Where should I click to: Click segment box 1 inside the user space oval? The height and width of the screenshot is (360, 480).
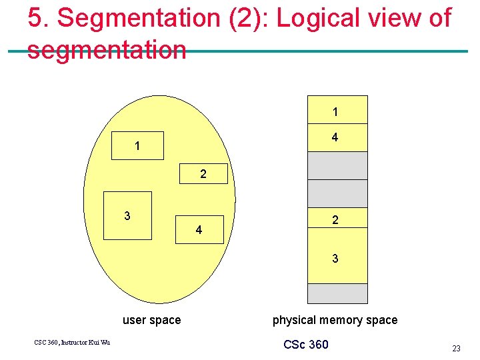click(x=137, y=145)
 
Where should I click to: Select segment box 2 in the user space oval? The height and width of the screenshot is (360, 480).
click(x=203, y=175)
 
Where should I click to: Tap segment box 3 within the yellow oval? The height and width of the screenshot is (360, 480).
click(x=127, y=215)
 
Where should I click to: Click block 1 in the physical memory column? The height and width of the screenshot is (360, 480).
click(x=337, y=110)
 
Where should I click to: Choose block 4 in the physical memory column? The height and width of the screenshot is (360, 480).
click(x=337, y=137)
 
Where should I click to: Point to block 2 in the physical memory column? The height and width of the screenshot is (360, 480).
click(x=337, y=218)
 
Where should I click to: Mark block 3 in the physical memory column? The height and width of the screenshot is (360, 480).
click(x=337, y=257)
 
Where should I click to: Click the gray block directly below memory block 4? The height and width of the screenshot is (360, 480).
click(x=337, y=165)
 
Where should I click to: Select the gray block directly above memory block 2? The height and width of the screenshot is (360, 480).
click(x=337, y=193)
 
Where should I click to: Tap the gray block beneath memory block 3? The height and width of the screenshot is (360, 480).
click(x=337, y=293)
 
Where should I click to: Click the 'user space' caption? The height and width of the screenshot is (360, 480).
click(x=151, y=320)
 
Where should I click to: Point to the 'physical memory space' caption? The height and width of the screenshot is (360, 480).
click(x=335, y=320)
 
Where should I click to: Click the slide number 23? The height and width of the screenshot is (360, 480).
click(x=456, y=348)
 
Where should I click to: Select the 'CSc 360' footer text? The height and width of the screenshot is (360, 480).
click(x=306, y=345)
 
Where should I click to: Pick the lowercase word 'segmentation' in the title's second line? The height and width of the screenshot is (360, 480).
click(x=107, y=50)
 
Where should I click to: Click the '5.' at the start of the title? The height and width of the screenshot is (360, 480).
click(x=39, y=19)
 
